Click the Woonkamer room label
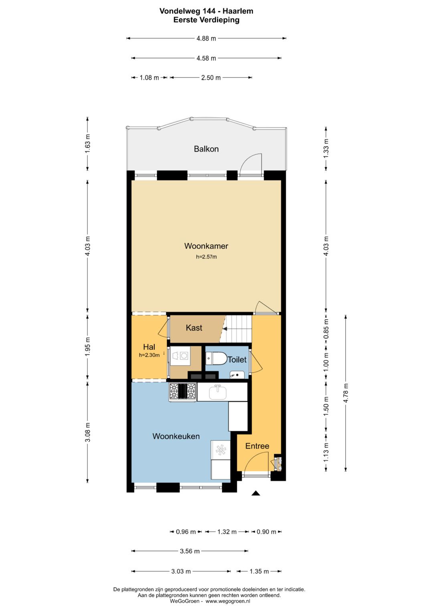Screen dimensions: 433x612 [206, 246]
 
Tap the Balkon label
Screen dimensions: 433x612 [206, 149]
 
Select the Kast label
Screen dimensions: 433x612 [194, 327]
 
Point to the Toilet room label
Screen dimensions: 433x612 [237, 360]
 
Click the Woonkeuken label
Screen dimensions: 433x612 [176, 436]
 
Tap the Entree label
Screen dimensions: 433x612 [257, 446]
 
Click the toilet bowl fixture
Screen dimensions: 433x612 [216, 358]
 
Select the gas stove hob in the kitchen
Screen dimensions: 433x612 [182, 392]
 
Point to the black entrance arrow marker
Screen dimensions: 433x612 [256, 493]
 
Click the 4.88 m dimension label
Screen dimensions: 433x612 [206, 38]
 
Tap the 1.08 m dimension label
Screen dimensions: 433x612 [149, 78]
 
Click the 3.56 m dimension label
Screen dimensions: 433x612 [190, 551]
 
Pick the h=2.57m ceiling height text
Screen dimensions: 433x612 [206, 257]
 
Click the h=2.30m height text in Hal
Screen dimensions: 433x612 [149, 355]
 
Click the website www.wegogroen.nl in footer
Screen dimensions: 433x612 [228, 601]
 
